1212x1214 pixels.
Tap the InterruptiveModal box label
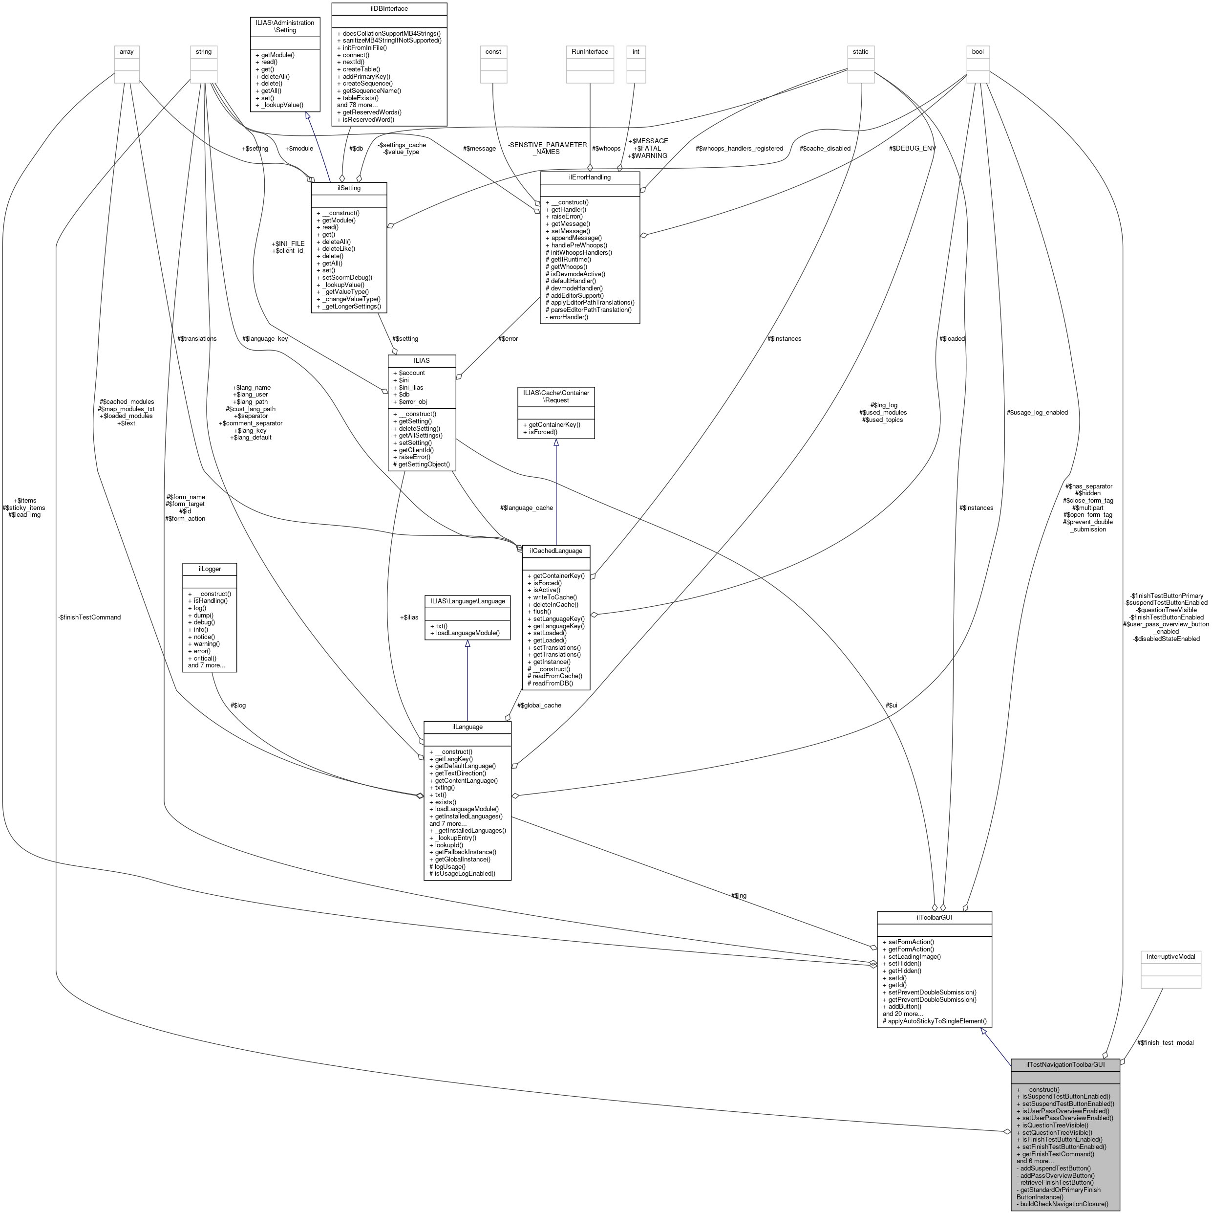click(1170, 957)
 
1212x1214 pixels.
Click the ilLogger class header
click(209, 569)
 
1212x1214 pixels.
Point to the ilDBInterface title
click(389, 9)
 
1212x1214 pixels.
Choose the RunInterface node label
click(589, 51)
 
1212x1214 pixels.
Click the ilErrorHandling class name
click(589, 177)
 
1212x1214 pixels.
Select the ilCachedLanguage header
click(555, 551)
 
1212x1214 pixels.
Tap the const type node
click(493, 51)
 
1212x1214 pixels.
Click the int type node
click(636, 51)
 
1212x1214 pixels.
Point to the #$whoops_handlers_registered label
click(739, 148)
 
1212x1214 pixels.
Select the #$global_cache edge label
click(539, 705)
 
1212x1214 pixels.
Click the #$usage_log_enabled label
click(1036, 412)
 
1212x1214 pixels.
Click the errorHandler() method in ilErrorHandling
click(567, 317)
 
